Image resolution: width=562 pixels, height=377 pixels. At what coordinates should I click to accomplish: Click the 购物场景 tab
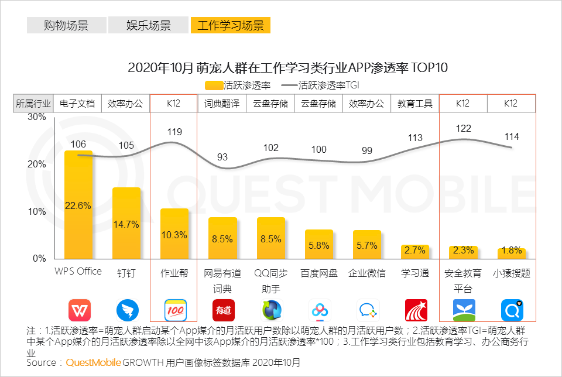(66, 25)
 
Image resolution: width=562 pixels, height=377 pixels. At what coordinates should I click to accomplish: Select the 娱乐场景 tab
(149, 25)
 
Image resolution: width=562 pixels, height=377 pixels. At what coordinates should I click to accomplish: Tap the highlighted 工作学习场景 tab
(230, 25)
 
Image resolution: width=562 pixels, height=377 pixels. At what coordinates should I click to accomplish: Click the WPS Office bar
(78, 204)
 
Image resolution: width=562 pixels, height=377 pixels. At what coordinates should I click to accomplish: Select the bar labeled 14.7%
(126, 223)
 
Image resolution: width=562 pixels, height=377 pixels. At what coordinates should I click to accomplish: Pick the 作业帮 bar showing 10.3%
(174, 234)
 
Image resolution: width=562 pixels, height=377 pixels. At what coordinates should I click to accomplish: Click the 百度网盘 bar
(319, 244)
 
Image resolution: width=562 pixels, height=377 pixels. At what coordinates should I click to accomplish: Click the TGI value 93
(222, 157)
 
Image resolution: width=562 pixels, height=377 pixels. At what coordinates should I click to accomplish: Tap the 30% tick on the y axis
(37, 117)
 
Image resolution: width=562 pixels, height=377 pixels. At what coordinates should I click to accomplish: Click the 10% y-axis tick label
(37, 211)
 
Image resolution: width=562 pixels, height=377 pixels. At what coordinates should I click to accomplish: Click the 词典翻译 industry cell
(222, 104)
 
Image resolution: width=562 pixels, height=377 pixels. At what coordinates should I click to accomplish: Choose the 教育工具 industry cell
(415, 104)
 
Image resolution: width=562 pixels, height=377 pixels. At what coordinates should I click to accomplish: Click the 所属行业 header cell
(33, 104)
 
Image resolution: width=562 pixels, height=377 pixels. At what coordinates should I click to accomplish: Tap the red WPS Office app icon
(78, 310)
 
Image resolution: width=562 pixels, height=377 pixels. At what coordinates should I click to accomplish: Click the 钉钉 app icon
(126, 310)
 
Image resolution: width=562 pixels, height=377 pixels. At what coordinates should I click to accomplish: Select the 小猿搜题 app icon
(512, 310)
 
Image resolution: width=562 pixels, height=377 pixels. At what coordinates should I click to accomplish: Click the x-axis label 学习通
(415, 273)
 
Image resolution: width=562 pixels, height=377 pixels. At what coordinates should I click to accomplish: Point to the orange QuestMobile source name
(94, 362)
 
